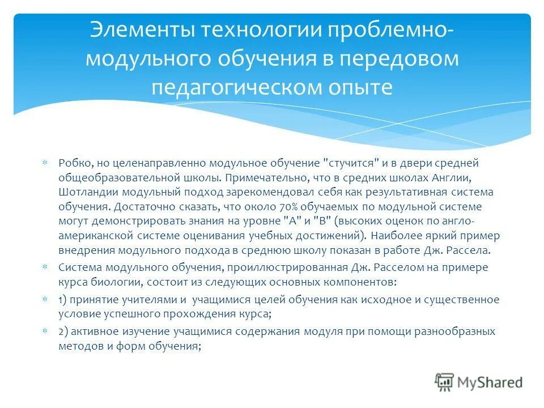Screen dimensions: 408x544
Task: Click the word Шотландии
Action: coord(83,192)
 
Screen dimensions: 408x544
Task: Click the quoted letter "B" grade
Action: coord(307,220)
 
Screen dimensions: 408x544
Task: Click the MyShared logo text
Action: coord(490,382)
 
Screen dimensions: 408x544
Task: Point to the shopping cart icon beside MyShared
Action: coord(444,382)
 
